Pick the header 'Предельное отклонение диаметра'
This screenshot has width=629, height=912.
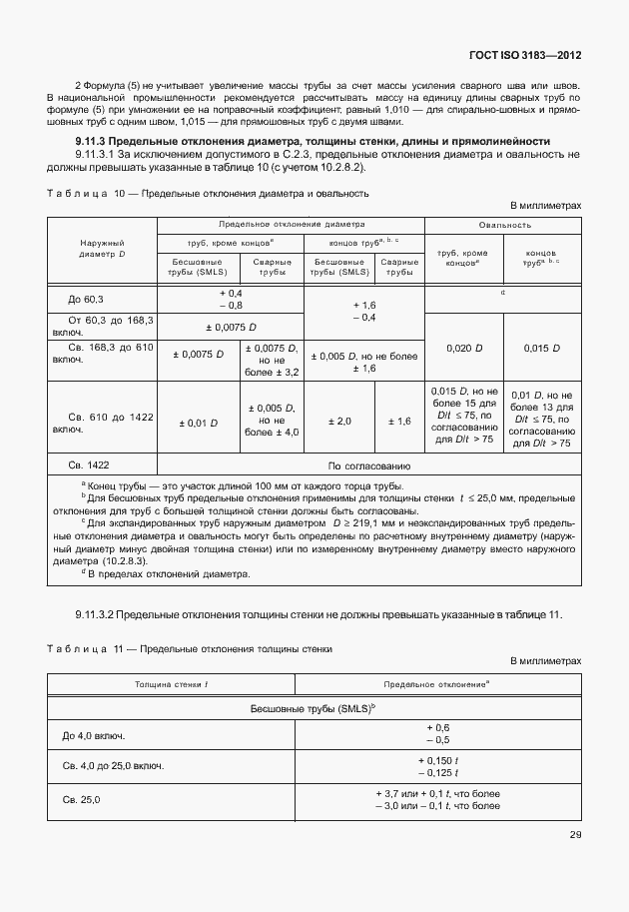tap(292, 226)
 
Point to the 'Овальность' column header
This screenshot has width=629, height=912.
tap(503, 226)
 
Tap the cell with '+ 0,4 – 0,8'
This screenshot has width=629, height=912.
tap(231, 299)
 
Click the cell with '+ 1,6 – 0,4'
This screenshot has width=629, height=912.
tap(363, 312)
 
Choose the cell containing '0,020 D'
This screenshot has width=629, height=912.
tap(464, 348)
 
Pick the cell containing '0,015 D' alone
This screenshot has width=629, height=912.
tap(542, 348)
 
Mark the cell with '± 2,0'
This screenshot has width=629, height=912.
tap(337, 422)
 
